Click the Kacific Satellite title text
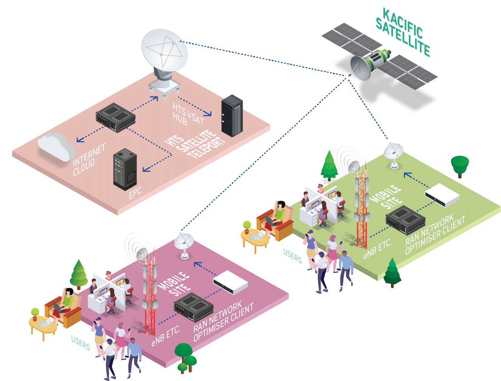tap(403, 33)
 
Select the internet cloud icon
tap(56, 146)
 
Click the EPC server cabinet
tap(125, 169)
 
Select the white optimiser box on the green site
tap(443, 195)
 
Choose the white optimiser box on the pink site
tap(230, 282)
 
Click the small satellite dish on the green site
tap(394, 153)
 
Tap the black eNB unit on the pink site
tap(193, 306)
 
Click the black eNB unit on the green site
tap(405, 219)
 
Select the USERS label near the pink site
tap(81, 343)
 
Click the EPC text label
tap(135, 193)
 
